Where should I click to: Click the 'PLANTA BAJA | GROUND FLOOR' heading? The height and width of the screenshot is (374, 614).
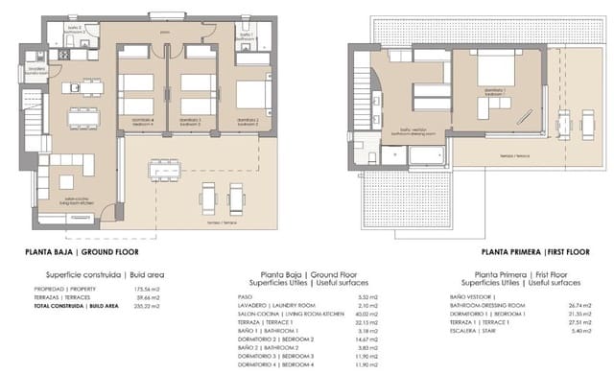93,253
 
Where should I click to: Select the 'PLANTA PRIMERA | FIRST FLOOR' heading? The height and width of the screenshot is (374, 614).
511,253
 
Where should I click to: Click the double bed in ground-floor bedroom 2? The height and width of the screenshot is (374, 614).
251,94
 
